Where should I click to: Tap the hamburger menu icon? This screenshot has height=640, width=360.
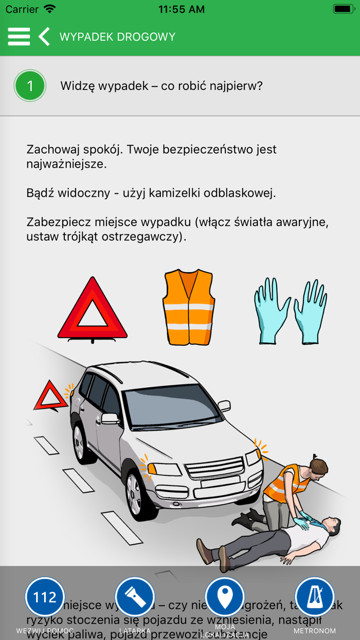tap(19, 37)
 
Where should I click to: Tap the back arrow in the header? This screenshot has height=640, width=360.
tap(44, 37)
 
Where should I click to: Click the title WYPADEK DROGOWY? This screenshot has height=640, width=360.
tap(117, 37)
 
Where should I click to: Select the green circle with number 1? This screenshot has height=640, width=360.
tap(30, 86)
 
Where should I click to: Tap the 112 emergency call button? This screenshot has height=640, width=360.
tap(45, 597)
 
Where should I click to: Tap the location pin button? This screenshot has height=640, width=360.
tap(225, 597)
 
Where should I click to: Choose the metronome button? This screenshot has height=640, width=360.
tap(315, 597)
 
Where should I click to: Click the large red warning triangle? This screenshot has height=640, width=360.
tap(93, 310)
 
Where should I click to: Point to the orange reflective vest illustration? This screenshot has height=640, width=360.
tap(188, 307)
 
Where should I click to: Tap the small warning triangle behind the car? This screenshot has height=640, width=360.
tap(50, 396)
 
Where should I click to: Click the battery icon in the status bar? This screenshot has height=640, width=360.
tap(343, 9)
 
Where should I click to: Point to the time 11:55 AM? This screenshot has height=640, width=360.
tap(181, 9)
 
